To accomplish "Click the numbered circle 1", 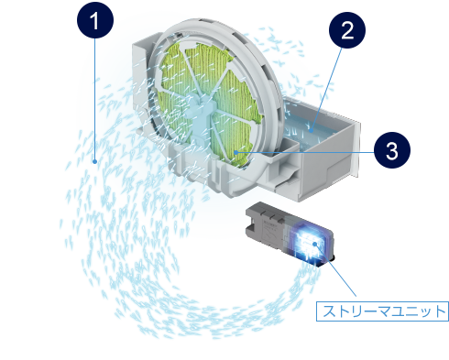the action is pyautogui.click(x=95, y=20).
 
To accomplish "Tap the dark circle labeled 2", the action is pyautogui.click(x=347, y=30).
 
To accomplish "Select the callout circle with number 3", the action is pyautogui.click(x=392, y=150).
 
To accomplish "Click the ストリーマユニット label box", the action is pyautogui.click(x=382, y=311).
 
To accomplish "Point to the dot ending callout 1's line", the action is pyautogui.click(x=95, y=161).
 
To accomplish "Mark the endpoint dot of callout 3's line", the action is pyautogui.click(x=235, y=152).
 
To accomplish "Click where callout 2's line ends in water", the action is pyautogui.click(x=311, y=131).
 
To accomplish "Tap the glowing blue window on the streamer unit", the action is pyautogui.click(x=309, y=242).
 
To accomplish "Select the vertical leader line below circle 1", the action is pyautogui.click(x=95, y=99).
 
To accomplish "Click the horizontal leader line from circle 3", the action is pyautogui.click(x=306, y=152).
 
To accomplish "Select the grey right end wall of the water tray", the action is pyautogui.click(x=356, y=148).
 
